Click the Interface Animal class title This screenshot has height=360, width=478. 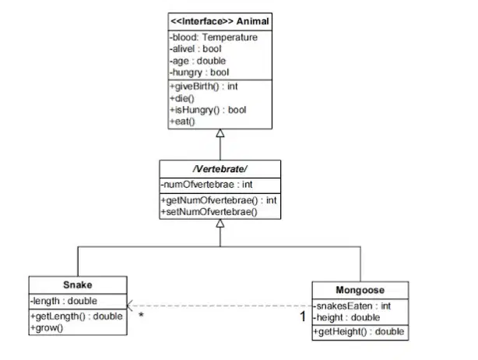point(220,21)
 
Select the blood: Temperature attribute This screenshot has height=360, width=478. point(213,37)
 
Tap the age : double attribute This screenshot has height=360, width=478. point(198,61)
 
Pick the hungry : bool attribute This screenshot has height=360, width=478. point(199,72)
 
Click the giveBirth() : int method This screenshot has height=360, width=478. point(204,86)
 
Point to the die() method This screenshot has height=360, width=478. point(182,98)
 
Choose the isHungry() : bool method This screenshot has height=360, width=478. point(208,110)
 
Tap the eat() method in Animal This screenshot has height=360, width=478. point(182,122)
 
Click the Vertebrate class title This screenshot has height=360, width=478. point(220,169)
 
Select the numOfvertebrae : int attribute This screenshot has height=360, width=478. point(206,185)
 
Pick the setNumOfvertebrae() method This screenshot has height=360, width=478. point(209,212)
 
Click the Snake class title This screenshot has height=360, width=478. point(78,285)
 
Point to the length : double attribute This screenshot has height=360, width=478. point(64,301)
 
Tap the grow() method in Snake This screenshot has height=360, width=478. point(47,328)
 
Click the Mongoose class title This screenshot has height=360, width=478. point(360,290)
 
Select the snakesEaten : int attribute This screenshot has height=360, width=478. point(352,306)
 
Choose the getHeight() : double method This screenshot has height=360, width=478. point(359,332)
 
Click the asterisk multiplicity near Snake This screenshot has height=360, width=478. point(141,315)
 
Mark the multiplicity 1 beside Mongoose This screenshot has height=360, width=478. point(302,316)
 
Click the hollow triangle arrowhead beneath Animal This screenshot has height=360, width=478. point(220,133)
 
